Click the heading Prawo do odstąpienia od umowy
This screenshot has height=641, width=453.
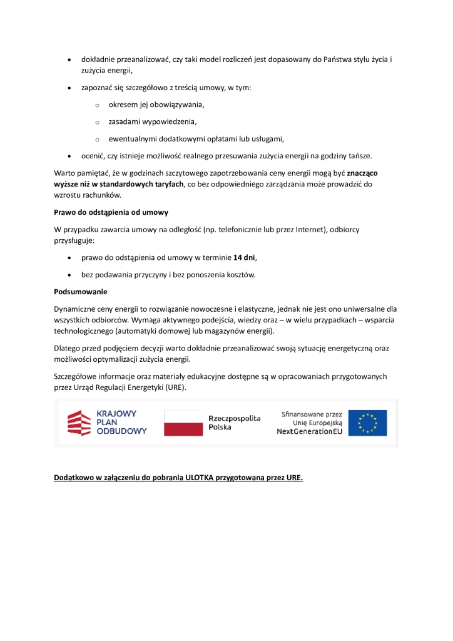pyautogui.click(x=111, y=212)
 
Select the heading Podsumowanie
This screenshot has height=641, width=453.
pyautogui.click(x=81, y=291)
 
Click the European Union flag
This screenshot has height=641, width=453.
pyautogui.click(x=367, y=423)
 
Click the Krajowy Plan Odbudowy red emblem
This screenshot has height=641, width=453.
pyautogui.click(x=79, y=423)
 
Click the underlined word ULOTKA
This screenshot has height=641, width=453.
pyautogui.click(x=200, y=478)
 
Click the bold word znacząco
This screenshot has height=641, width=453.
pyautogui.click(x=366, y=172)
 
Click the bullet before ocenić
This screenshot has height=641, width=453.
pyautogui.click(x=69, y=155)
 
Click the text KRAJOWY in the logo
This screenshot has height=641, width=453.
pyautogui.click(x=117, y=414)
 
